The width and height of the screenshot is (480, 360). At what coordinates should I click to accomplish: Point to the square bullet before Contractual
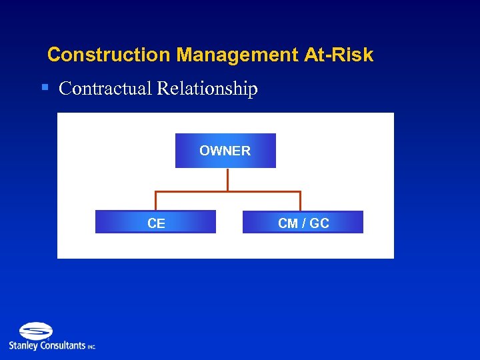tap(45, 87)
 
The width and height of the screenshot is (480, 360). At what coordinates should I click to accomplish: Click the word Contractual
tap(105, 89)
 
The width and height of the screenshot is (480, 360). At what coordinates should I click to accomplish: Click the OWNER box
tap(225, 151)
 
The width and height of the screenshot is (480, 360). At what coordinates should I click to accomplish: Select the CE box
tap(155, 223)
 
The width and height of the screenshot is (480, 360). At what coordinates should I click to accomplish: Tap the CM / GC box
tap(303, 223)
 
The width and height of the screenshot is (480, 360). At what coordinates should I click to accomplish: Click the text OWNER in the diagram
tap(225, 151)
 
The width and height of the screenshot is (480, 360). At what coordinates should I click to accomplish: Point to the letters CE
tap(156, 223)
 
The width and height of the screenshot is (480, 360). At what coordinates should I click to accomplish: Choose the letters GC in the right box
tap(319, 223)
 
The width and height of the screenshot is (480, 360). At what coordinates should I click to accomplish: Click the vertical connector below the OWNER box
tap(227, 179)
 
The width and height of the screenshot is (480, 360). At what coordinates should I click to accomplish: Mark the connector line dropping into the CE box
tap(155, 201)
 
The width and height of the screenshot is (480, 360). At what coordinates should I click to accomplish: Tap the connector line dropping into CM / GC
tap(300, 201)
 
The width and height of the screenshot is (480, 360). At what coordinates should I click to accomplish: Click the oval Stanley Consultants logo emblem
tap(36, 331)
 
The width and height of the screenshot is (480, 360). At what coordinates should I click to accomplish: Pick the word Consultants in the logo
tap(63, 345)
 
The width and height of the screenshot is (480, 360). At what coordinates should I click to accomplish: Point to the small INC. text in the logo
tap(91, 347)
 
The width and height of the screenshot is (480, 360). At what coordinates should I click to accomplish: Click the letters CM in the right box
tap(287, 223)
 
